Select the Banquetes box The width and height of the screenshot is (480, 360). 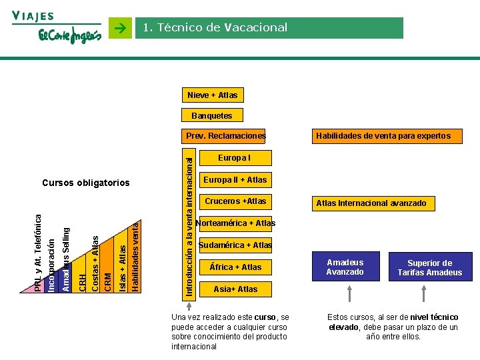tap(212, 116)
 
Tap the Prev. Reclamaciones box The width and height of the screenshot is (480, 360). tap(225, 136)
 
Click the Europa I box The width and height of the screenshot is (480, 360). tap(235, 158)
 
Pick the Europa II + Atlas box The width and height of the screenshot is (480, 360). tap(235, 179)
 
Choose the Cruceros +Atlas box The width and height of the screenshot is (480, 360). tap(235, 201)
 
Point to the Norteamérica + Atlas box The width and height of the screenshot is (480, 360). tap(235, 223)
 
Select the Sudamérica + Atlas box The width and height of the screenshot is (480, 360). tap(235, 245)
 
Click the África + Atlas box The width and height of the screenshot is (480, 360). tap(235, 267)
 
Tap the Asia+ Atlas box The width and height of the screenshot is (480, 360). tap(235, 289)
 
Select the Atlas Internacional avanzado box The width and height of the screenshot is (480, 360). tap(371, 203)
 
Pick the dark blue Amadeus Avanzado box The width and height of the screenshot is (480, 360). tap(345, 267)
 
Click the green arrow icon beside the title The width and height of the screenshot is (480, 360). tap(120, 29)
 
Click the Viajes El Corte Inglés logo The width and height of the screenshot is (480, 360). tap(57, 29)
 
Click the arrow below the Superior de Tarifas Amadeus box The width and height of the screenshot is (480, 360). tap(430, 294)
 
